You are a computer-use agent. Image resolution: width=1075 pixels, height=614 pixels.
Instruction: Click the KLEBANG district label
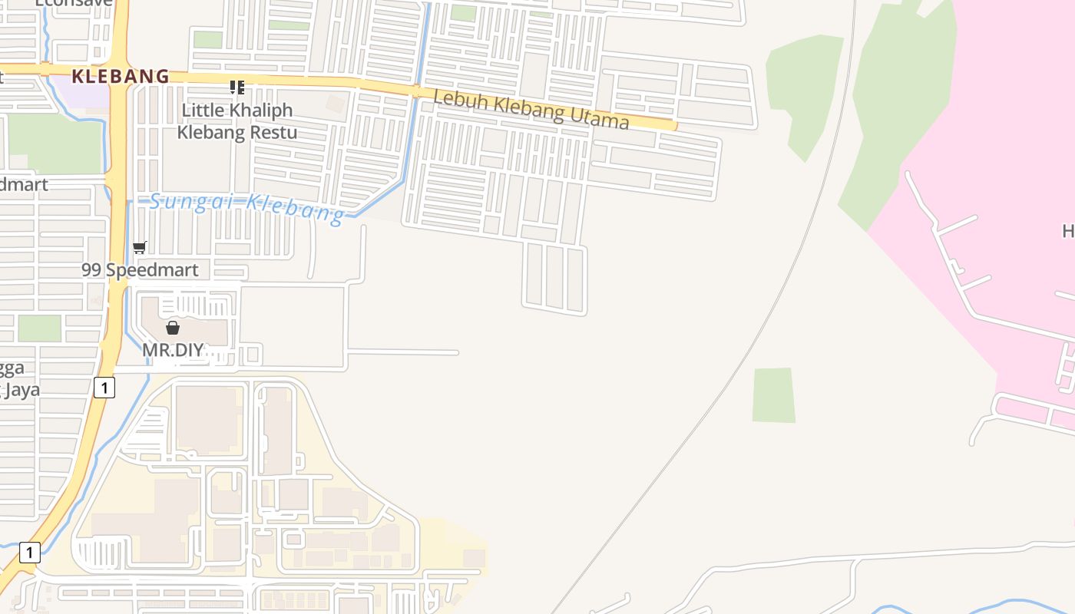pos(120,76)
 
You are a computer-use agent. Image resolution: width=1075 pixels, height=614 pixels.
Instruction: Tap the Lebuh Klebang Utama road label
pos(531,109)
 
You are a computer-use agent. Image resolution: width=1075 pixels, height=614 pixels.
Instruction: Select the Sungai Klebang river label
pos(246,207)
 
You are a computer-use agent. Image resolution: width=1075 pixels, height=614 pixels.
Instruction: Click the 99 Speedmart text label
pos(140,269)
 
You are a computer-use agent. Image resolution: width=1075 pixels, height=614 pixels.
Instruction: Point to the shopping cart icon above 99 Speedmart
pos(140,247)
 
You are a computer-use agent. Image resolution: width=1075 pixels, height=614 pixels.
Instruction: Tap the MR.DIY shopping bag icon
pos(173,328)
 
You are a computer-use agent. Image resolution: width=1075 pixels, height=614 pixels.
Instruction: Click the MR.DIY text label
pos(173,350)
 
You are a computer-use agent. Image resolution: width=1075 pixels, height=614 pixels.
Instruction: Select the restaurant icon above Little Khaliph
pos(237,87)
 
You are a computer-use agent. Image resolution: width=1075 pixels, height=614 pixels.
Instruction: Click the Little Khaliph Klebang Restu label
pos(237,121)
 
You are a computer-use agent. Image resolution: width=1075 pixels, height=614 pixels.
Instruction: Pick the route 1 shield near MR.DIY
pos(104,388)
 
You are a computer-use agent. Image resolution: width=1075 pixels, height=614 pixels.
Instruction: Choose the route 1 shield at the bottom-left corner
pos(29,552)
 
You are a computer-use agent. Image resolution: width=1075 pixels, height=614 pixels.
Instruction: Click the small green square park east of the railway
pos(773,395)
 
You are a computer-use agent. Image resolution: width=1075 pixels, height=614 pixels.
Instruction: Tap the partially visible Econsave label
pos(74,3)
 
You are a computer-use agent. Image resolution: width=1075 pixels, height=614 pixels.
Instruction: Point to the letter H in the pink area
pos(1068,230)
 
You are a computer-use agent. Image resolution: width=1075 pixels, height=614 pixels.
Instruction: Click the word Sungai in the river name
pos(179,202)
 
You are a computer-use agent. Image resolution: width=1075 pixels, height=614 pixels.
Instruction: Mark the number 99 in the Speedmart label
pos(91,269)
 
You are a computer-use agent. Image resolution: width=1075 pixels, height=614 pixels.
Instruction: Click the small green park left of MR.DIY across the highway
pos(39,328)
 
